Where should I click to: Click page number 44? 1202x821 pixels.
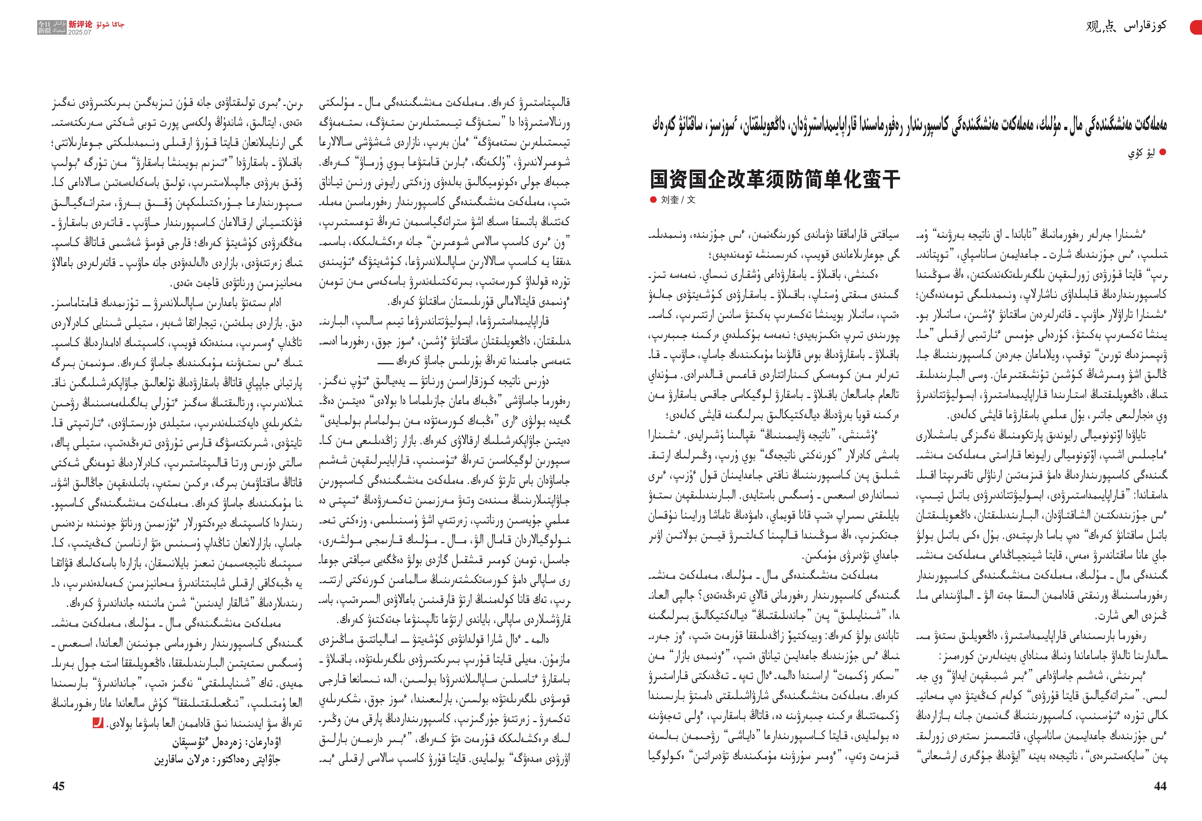click(1160, 786)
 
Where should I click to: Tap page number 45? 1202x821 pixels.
click(58, 786)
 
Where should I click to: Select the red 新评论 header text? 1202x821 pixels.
click(80, 24)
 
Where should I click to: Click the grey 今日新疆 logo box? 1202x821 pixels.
click(52, 28)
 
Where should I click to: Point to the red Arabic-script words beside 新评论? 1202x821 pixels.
click(110, 24)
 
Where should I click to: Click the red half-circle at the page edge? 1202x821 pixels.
click(1197, 27)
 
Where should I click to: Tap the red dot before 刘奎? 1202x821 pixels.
click(653, 200)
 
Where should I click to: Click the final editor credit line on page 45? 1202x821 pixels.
click(217, 760)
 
